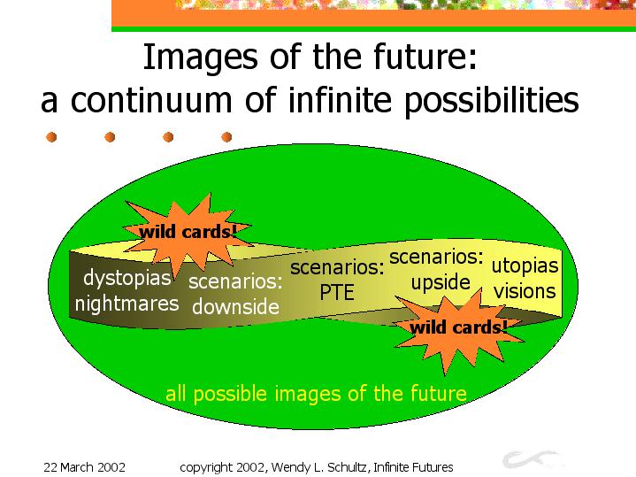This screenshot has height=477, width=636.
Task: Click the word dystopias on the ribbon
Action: click(x=127, y=279)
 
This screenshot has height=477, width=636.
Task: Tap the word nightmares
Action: click(x=127, y=304)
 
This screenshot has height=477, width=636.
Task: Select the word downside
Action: click(x=235, y=306)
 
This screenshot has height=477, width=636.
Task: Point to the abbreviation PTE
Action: click(x=337, y=292)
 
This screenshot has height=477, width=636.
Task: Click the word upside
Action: click(x=441, y=282)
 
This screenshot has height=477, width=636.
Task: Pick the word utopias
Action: click(x=525, y=266)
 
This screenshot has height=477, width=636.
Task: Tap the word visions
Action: click(x=525, y=291)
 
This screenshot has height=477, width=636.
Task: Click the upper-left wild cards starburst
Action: click(x=188, y=235)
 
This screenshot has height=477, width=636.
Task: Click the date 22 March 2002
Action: click(x=84, y=467)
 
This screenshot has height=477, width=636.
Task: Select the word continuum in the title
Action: click(x=151, y=100)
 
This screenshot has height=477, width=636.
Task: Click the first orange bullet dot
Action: click(x=51, y=137)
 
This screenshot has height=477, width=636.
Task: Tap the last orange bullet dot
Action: click(x=226, y=137)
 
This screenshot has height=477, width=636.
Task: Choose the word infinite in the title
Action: click(x=340, y=99)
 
